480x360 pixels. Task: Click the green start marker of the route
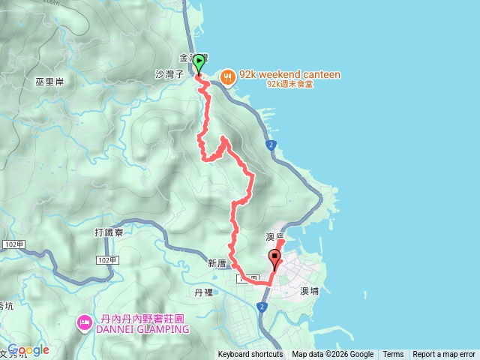(x=199, y=63)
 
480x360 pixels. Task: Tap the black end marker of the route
(x=274, y=259)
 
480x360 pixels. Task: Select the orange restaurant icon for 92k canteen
(x=227, y=75)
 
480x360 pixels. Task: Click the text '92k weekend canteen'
(x=289, y=75)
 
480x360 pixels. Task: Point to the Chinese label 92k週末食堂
(x=289, y=85)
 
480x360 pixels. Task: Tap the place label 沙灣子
(x=169, y=76)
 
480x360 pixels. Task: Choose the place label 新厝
(x=217, y=264)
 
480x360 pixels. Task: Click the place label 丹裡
(x=204, y=292)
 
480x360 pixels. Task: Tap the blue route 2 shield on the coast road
(x=269, y=144)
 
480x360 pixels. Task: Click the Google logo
(x=28, y=350)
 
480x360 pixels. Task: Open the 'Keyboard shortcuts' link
(x=250, y=355)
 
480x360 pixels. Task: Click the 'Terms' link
(x=393, y=355)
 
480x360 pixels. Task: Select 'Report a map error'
(x=444, y=355)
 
